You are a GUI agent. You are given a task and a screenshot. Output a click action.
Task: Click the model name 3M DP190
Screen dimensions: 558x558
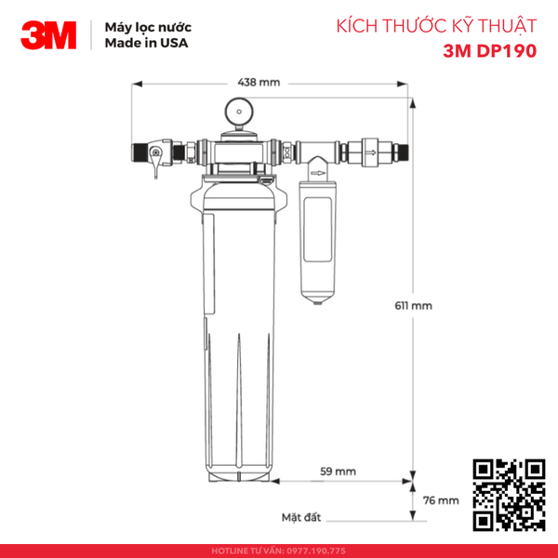point(489,51)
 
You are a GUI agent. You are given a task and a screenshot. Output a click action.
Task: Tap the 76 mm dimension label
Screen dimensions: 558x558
point(441,499)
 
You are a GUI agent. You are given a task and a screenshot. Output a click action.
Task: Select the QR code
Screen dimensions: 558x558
point(509,496)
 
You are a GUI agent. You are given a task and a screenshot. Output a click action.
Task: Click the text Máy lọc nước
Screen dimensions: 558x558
point(140,28)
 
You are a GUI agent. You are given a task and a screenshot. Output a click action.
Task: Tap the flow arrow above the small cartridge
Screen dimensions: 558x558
point(318,171)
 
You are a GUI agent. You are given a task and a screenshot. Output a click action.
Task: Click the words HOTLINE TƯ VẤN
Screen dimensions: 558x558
point(246,549)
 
